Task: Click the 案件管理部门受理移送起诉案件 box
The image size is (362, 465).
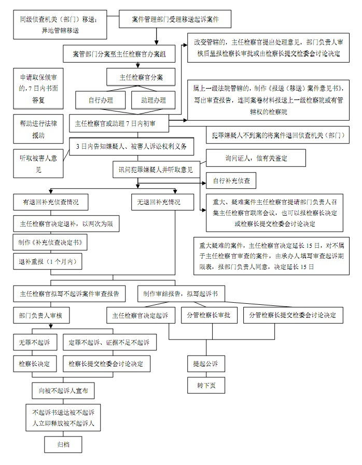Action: (175, 20)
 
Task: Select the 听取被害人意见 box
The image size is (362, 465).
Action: (36, 162)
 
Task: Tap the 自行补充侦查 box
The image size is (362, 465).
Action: (231, 181)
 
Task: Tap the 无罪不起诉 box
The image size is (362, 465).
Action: (35, 342)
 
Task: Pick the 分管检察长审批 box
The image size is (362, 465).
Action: (208, 315)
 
